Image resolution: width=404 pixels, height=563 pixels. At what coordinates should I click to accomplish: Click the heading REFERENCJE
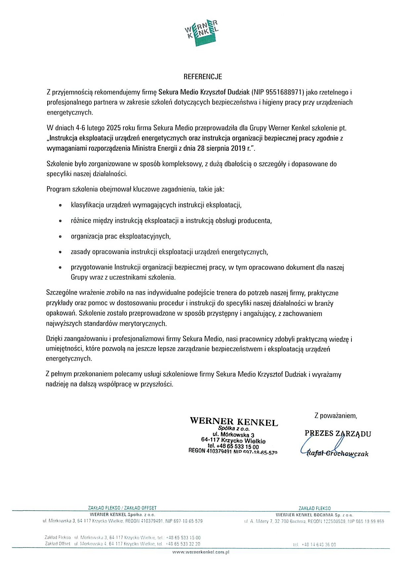[203, 77]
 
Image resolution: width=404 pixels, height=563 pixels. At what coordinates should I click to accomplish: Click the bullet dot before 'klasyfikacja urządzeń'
[60, 205]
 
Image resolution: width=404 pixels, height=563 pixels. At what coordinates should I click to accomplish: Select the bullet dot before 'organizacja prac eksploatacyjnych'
[60, 237]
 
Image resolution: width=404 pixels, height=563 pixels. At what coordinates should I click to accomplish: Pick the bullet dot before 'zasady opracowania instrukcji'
[60, 252]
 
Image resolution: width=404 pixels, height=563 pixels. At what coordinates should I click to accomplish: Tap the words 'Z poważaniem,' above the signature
[336, 416]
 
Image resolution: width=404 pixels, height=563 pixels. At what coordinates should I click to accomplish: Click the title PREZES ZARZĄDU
[338, 433]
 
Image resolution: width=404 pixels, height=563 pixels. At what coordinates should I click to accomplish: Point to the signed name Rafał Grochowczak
[337, 454]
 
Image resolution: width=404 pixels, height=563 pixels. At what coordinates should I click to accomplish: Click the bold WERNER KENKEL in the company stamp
[234, 421]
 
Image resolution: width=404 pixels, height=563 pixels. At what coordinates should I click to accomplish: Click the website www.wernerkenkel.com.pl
[201, 552]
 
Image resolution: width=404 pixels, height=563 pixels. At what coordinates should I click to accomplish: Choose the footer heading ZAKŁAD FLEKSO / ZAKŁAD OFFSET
[122, 508]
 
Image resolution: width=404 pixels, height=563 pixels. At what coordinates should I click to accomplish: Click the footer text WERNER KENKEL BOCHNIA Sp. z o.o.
[314, 515]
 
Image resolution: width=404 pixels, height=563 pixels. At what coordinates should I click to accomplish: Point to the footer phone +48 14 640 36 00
[319, 544]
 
